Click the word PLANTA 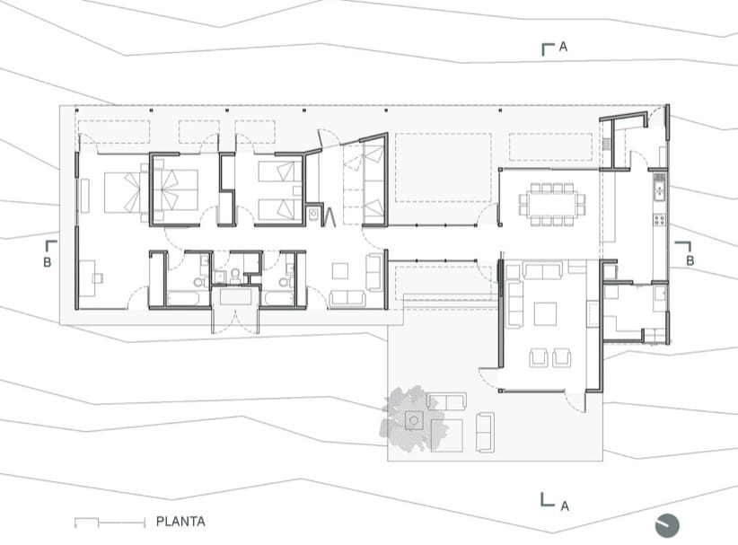click(x=180, y=522)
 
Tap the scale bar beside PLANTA click(x=110, y=522)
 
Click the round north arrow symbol click(x=667, y=525)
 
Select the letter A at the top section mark click(x=563, y=47)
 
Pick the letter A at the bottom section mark click(x=565, y=506)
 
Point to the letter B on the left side click(x=47, y=262)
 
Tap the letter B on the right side click(x=690, y=260)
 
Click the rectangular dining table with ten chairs click(x=551, y=205)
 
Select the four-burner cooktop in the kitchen click(x=659, y=220)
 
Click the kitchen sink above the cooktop click(x=659, y=187)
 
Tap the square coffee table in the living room click(x=545, y=314)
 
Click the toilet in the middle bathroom click(x=235, y=274)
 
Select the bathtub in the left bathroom click(x=189, y=298)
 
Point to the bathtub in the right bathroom click(x=278, y=298)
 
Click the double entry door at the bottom click(x=235, y=320)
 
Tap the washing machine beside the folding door click(x=314, y=215)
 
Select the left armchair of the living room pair click(x=539, y=357)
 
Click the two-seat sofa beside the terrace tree click(x=446, y=401)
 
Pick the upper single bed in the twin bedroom click(x=280, y=171)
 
